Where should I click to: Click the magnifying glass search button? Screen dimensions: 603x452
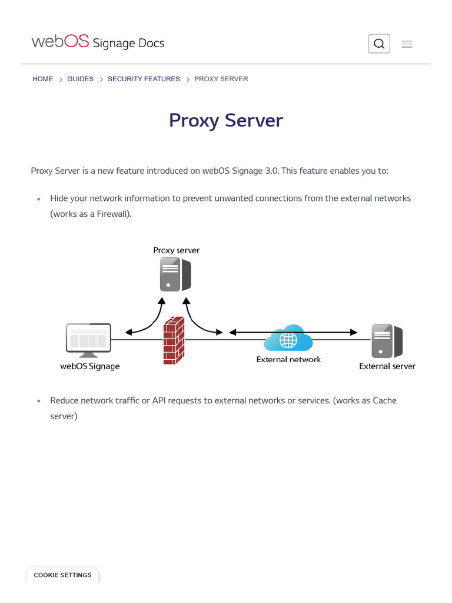pyautogui.click(x=379, y=44)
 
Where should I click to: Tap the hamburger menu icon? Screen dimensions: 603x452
pyautogui.click(x=407, y=44)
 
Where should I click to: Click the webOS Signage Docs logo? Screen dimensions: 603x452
pyautogui.click(x=98, y=42)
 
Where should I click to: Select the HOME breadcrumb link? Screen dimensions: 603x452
pyautogui.click(x=43, y=79)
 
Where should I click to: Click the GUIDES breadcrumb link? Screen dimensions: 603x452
pyautogui.click(x=80, y=79)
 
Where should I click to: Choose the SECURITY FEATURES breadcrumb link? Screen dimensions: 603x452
pyautogui.click(x=144, y=79)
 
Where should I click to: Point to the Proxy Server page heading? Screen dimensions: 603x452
pyautogui.click(x=226, y=120)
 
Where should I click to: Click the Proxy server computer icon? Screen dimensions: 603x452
pyautogui.click(x=175, y=274)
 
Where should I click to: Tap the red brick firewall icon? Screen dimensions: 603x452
pyautogui.click(x=174, y=340)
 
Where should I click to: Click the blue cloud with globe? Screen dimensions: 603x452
pyautogui.click(x=288, y=339)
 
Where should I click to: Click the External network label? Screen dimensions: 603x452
pyautogui.click(x=288, y=359)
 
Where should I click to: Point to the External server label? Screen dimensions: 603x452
pyautogui.click(x=387, y=366)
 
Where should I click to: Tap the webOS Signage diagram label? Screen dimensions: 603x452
pyautogui.click(x=90, y=366)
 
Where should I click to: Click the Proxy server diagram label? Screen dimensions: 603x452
pyautogui.click(x=177, y=250)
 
